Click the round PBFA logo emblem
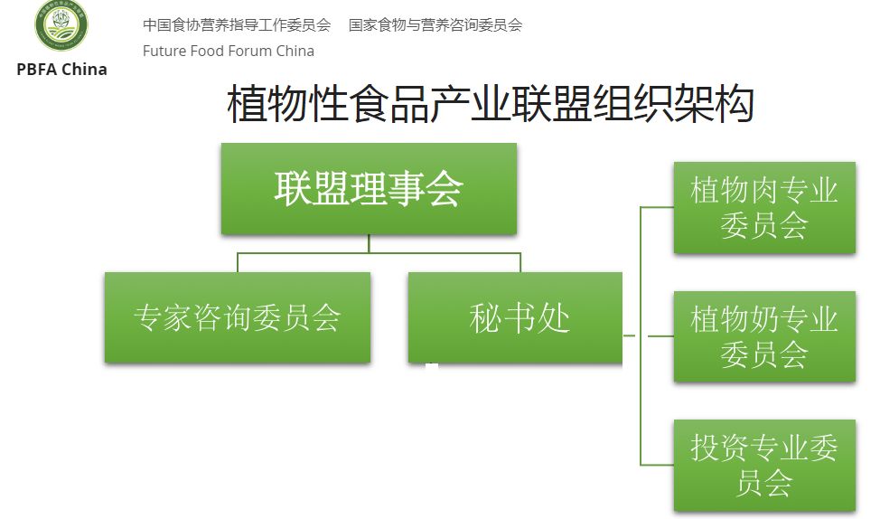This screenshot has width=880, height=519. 61,26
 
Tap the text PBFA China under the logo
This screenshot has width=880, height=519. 61,70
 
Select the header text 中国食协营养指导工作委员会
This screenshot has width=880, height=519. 237,24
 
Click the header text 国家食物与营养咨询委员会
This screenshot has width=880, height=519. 435,24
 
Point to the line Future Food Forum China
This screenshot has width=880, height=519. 229,51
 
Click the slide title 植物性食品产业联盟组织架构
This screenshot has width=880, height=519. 491,104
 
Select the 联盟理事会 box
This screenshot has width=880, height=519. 369,189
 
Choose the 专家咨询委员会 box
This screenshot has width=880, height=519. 237,317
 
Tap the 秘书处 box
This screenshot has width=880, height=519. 519,317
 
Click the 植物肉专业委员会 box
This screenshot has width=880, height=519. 764,208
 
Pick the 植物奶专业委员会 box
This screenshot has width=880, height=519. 764,336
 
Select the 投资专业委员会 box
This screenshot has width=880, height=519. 764,465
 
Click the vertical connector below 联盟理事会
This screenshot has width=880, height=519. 369,244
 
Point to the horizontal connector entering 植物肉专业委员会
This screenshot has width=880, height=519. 657,207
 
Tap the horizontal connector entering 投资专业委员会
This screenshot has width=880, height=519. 657,465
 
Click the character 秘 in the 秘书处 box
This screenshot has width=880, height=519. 485,317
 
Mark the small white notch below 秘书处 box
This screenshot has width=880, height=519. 432,366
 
